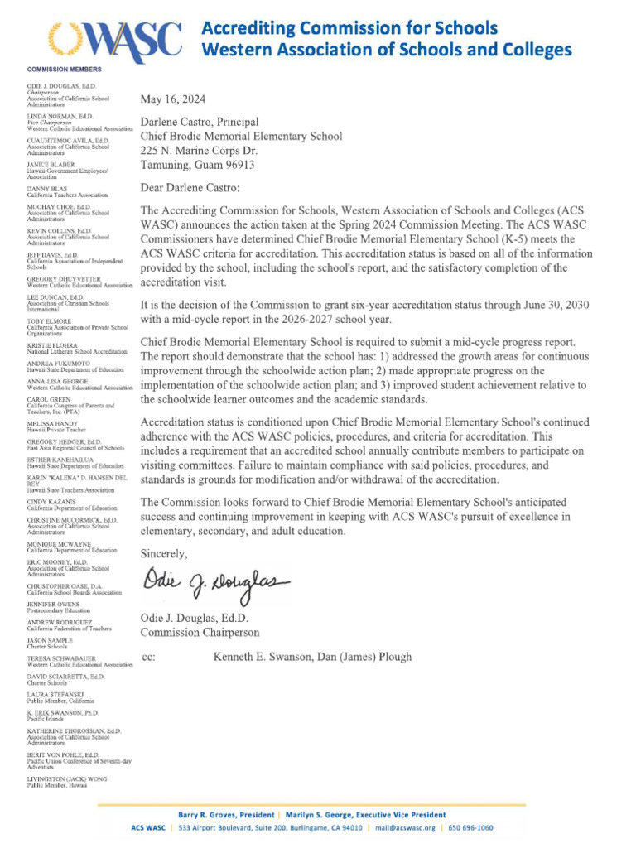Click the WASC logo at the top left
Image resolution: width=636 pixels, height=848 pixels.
tap(113, 37)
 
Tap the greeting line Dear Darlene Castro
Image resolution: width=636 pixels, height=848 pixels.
tap(190, 187)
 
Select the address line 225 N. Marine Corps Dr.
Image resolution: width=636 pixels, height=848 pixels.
tap(199, 151)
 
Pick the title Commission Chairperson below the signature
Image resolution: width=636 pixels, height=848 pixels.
tap(200, 633)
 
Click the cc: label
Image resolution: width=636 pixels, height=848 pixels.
tap(149, 658)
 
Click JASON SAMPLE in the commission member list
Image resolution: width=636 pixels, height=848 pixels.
tap(50, 640)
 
